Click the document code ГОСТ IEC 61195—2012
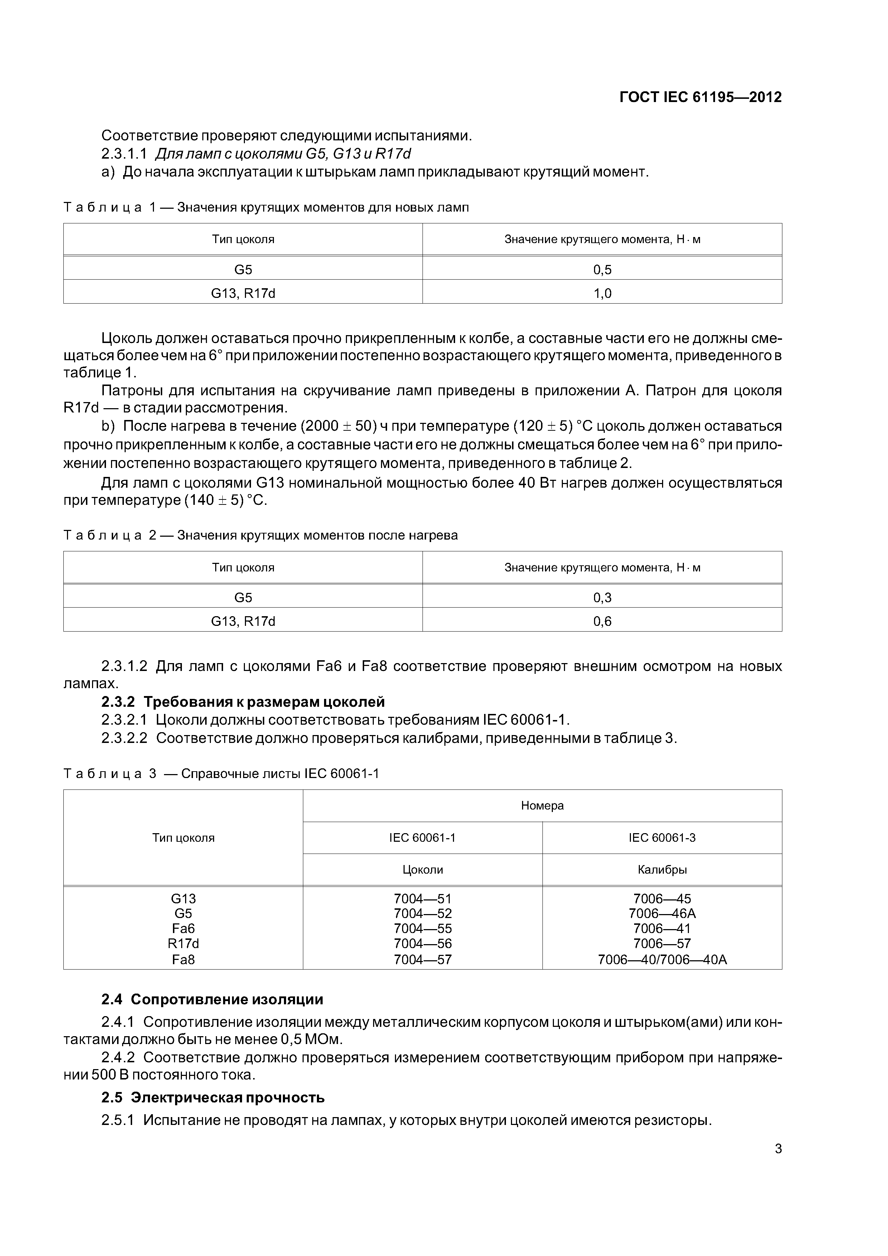[x=700, y=97]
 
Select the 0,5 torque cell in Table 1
[x=602, y=270]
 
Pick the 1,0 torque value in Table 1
[x=602, y=294]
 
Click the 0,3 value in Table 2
[x=602, y=597]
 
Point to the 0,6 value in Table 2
[x=602, y=622]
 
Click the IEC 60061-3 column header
[x=662, y=837]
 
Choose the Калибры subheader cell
[x=662, y=870]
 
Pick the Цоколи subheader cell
[x=423, y=870]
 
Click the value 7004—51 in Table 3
[x=423, y=899]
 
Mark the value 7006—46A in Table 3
[x=662, y=914]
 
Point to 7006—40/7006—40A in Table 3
[x=662, y=960]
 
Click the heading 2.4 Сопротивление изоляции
[x=212, y=999]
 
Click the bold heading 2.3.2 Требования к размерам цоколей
[x=243, y=702]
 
